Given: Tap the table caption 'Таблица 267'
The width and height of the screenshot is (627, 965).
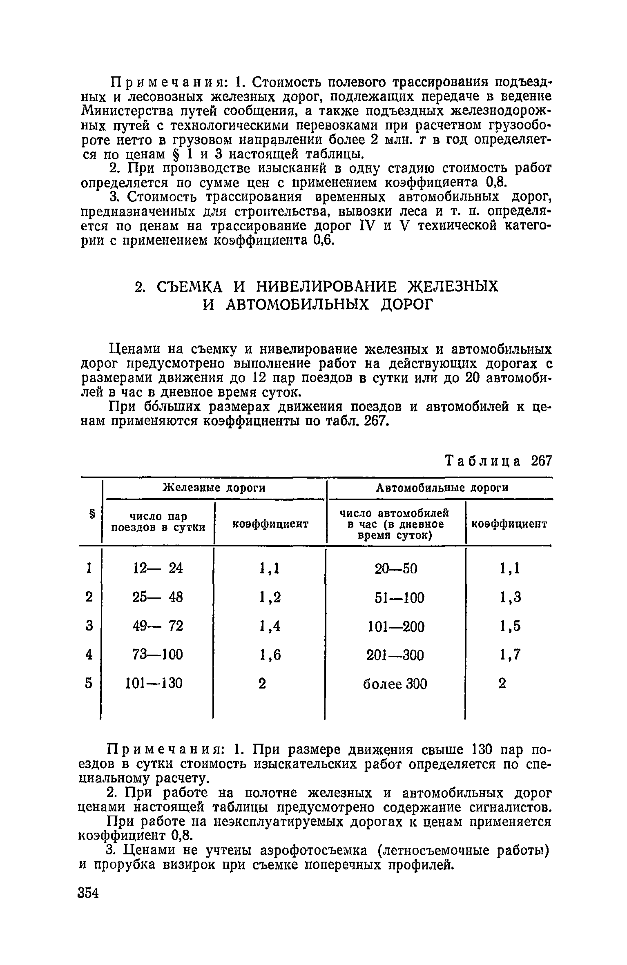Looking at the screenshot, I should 498,461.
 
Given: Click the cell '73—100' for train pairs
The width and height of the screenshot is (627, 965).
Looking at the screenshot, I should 158,655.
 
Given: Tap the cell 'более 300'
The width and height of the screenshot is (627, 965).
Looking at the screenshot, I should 395,684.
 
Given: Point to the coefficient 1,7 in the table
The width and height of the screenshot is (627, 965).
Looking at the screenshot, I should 510,655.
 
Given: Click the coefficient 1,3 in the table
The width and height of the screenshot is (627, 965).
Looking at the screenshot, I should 510,598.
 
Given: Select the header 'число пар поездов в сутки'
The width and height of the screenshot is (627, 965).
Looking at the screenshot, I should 158,522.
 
